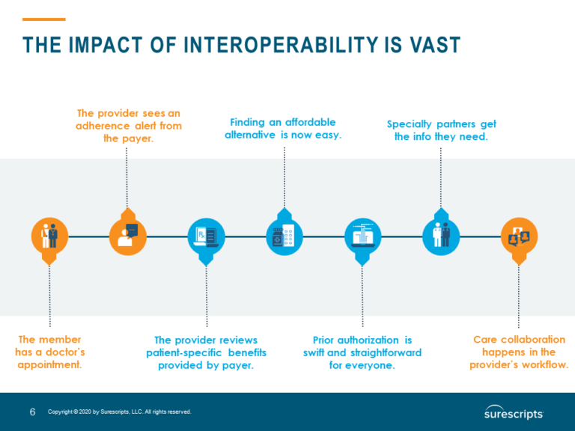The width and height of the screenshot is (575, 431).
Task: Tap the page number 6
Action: coord(32,412)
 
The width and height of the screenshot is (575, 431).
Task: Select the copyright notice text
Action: coord(119,412)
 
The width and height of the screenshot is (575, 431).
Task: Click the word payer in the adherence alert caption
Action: coord(139,138)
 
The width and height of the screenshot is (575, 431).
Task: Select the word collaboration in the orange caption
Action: coord(531,339)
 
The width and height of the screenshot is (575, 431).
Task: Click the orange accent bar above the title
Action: coord(44,19)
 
